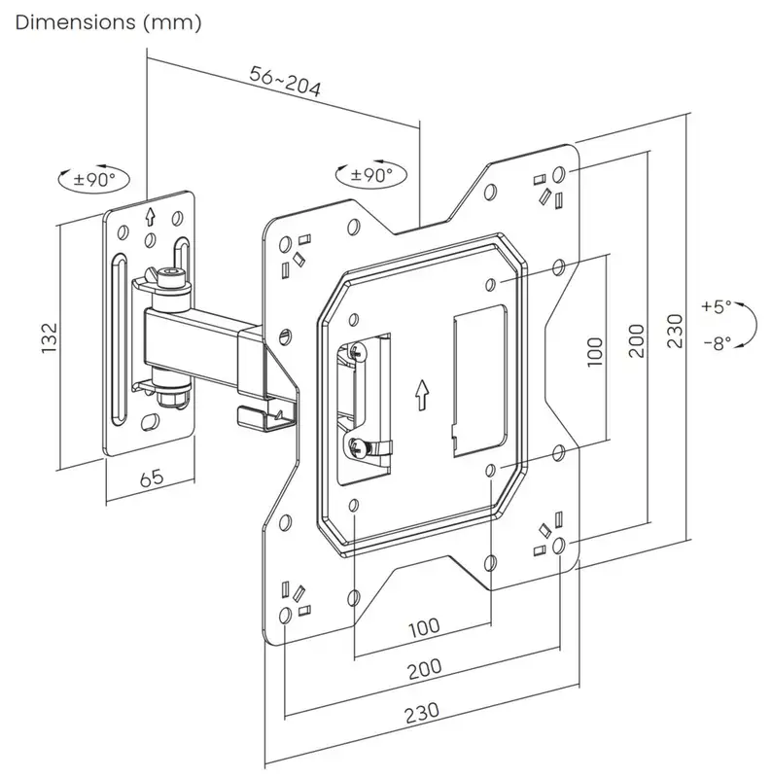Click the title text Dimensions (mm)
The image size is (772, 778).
coord(108,22)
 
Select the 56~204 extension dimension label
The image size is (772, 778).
coord(285,81)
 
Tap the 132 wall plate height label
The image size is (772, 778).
coord(50,337)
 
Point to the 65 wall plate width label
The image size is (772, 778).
coord(152,477)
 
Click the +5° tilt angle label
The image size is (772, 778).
coord(716,306)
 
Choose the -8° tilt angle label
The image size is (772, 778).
coord(718,343)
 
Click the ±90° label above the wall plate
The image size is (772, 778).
coord(94,179)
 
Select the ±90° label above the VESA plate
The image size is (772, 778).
coord(371,175)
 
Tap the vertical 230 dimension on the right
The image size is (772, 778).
coord(675,331)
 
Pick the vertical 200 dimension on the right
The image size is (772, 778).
coord(636,340)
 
